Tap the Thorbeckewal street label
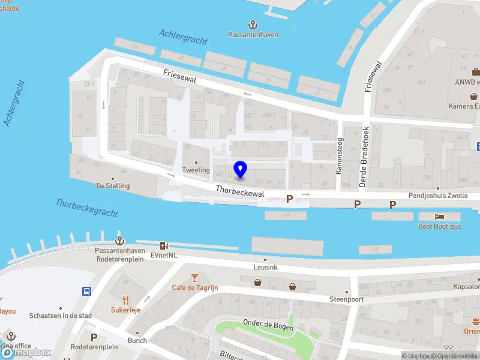tap(240, 193)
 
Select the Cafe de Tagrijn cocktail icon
tap(194, 277)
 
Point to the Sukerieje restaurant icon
tap(125, 300)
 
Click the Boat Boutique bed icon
tap(440, 217)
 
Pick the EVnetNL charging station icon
tap(164, 245)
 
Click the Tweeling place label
tap(196, 170)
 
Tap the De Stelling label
tap(113, 185)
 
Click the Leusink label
tap(265, 267)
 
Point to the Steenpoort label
tap(347, 298)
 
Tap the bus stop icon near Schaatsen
tap(86, 291)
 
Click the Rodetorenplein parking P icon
tap(94, 337)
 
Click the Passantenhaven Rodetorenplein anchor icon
tap(120, 239)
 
